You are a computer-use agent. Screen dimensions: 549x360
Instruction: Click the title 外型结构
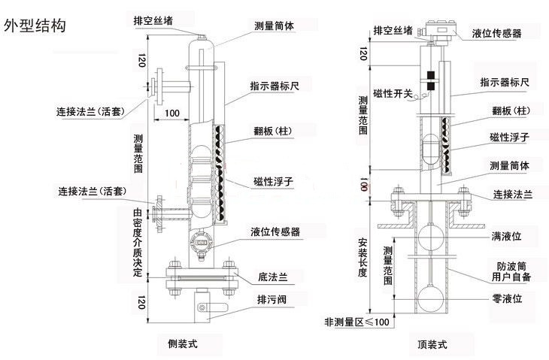tap(35, 26)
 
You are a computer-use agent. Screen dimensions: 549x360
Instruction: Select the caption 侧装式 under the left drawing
tap(183, 344)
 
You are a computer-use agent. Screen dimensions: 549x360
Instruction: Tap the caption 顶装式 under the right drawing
tap(432, 344)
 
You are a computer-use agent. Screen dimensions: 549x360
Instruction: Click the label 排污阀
tap(271, 299)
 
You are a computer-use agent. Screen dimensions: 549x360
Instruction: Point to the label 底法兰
tap(272, 277)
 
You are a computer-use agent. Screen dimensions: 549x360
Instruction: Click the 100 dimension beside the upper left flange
tap(172, 113)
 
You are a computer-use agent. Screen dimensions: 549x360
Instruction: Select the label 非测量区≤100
tap(356, 322)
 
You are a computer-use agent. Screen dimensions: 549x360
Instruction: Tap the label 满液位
tap(506, 237)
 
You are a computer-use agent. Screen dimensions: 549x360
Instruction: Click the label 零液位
tap(507, 299)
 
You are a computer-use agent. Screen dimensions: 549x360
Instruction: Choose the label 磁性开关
tap(393, 93)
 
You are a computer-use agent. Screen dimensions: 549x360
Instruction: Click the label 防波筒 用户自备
tap(511, 272)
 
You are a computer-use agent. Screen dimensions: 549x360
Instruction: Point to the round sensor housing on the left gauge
tap(200, 243)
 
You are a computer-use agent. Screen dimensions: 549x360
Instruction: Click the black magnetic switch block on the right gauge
tap(431, 81)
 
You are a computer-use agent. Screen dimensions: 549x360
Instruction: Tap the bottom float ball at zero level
tap(431, 298)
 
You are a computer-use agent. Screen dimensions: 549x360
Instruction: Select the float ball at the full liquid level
tap(431, 237)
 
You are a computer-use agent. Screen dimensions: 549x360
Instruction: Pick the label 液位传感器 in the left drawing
tap(274, 231)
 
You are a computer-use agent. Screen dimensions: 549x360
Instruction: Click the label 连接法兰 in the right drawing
tap(512, 194)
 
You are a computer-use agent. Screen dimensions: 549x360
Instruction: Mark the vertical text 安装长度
tap(362, 257)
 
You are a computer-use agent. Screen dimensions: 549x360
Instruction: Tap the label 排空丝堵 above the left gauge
tap(153, 20)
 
